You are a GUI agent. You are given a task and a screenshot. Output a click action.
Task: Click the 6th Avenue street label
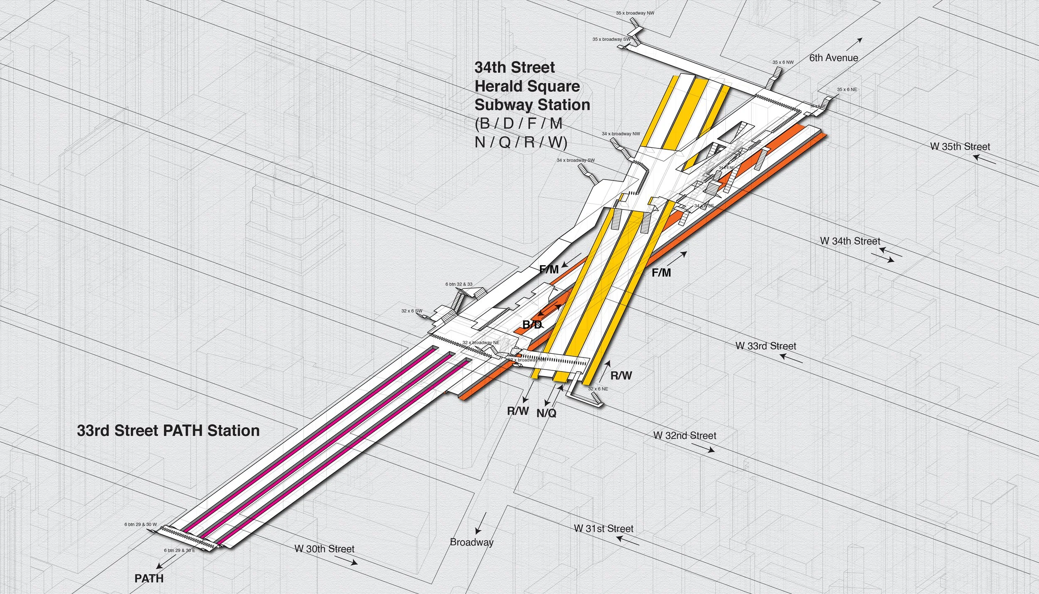[833, 58]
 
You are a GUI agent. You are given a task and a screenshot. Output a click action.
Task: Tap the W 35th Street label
[960, 147]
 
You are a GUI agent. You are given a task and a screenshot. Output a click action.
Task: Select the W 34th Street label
[850, 241]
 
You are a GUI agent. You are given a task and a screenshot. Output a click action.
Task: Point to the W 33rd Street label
[766, 346]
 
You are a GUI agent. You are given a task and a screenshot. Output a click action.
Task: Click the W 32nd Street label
[684, 436]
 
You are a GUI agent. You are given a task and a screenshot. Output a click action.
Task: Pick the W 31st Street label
[603, 529]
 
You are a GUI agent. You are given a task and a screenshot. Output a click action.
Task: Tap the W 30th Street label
[324, 549]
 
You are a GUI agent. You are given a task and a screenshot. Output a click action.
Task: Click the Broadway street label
[472, 542]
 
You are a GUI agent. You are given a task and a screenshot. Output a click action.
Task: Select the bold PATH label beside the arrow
[149, 579]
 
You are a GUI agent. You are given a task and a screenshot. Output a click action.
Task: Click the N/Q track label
[546, 413]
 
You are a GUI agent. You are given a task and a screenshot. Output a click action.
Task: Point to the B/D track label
[532, 325]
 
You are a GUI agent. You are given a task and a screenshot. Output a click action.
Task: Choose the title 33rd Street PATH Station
[168, 431]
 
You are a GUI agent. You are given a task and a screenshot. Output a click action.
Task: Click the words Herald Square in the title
[527, 86]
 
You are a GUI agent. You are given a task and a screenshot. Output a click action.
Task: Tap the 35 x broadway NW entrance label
[635, 13]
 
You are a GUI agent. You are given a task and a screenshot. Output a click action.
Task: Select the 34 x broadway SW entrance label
[575, 160]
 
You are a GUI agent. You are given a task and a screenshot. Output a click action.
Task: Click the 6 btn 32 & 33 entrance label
[459, 284]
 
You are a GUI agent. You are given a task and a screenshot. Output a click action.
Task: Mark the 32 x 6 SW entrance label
[411, 311]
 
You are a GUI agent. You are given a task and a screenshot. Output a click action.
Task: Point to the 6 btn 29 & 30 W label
[140, 525]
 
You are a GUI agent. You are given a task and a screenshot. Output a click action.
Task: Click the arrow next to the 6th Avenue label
[854, 43]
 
